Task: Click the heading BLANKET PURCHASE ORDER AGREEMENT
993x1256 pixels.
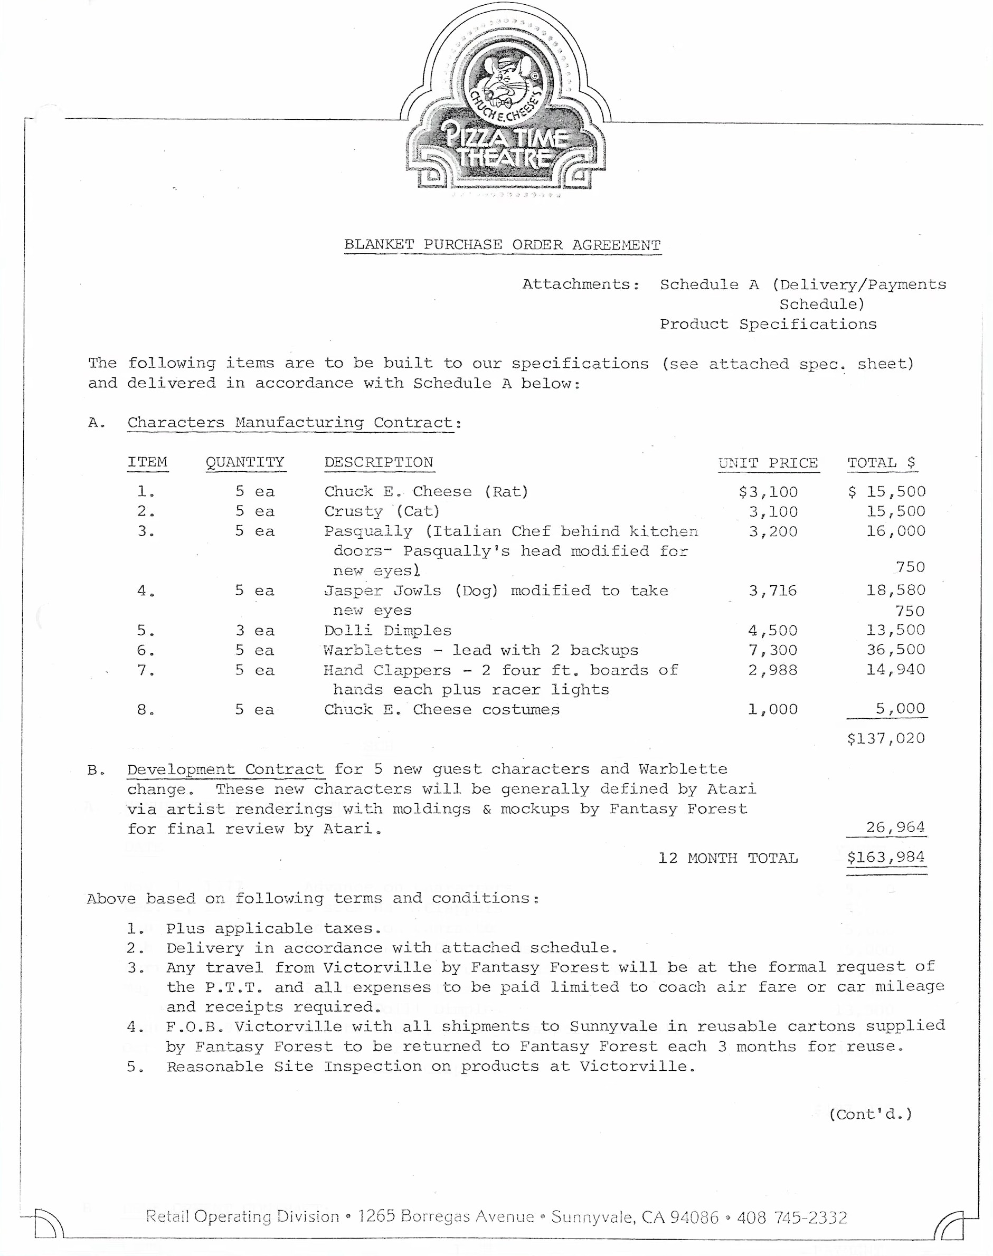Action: coord(503,245)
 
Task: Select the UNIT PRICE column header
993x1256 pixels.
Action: coord(768,463)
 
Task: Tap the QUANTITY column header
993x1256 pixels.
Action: coord(245,462)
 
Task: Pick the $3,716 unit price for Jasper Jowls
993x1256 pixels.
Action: coord(773,591)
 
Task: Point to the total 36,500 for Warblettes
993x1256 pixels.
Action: coord(896,650)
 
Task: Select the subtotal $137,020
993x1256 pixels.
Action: coord(885,738)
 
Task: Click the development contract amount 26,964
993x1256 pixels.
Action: coord(895,827)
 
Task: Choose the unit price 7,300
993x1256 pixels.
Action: coord(773,650)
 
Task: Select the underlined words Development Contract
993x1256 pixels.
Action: coord(225,769)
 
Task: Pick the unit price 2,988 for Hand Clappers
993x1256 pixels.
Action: coord(773,670)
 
